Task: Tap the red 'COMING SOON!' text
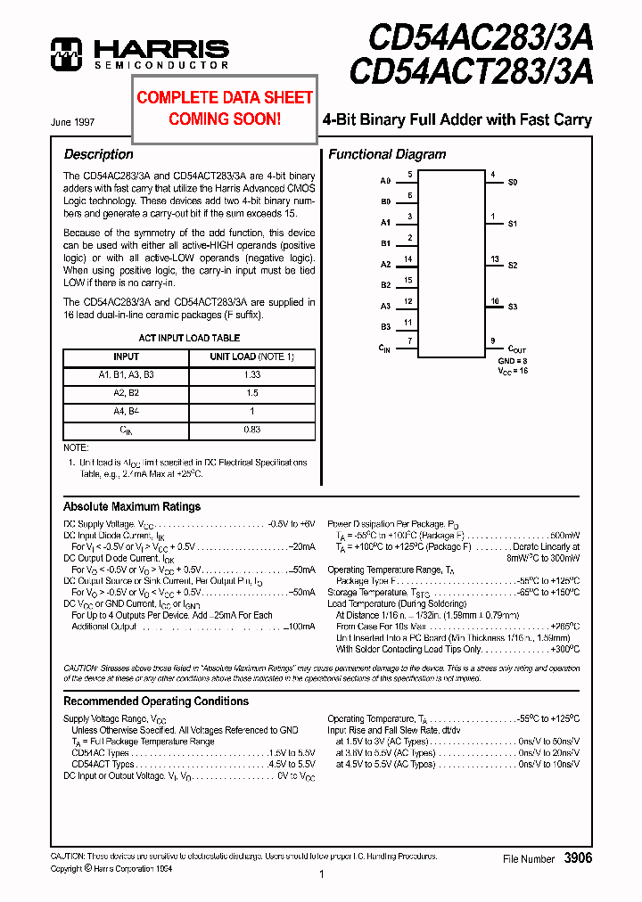coord(225,118)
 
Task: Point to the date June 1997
coord(73,122)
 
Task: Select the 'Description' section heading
coord(98,154)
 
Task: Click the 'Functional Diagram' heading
coord(387,154)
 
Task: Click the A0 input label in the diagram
coord(385,181)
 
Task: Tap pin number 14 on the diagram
coord(408,259)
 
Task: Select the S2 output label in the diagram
coord(513,266)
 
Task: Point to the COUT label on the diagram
coord(517,349)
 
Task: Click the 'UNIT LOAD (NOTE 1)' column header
coord(251,357)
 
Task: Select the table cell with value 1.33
coord(251,375)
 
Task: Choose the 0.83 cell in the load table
coord(251,430)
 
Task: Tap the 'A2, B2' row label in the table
coord(126,393)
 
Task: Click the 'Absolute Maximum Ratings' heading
coord(132,506)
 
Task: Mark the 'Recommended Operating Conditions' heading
coord(155,701)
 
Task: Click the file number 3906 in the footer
coord(578,857)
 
